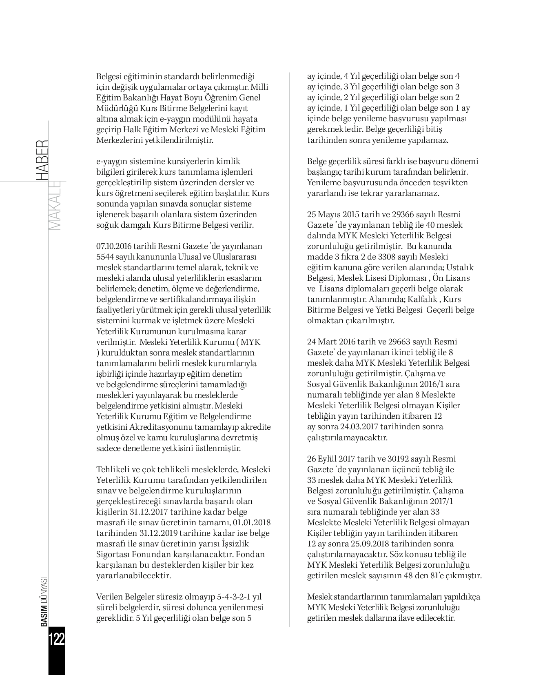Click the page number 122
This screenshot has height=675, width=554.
click(56, 639)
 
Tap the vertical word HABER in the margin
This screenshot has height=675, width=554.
click(42, 160)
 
